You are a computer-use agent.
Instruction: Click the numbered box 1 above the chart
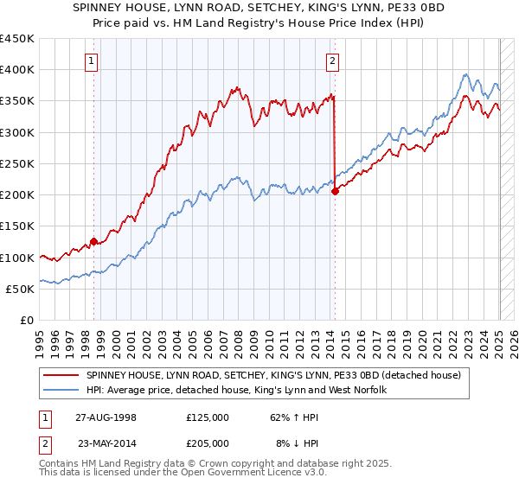92,60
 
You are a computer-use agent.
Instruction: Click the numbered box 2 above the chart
332,60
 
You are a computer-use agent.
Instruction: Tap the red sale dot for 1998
94,242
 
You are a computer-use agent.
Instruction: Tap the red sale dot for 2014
335,192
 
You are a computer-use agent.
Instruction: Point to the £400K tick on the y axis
17,70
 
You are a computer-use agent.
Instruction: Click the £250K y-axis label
17,163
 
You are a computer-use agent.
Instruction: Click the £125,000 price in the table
207,417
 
